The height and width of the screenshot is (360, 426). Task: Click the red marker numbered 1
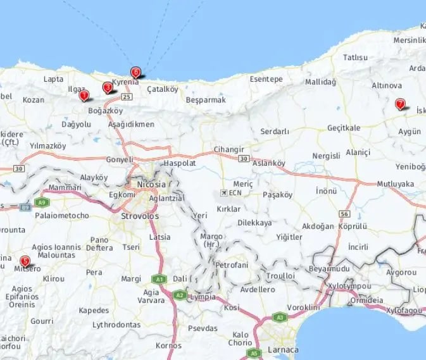point(84,96)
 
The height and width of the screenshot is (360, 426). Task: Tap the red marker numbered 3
point(108,87)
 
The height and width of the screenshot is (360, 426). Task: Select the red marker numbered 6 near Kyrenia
point(135,72)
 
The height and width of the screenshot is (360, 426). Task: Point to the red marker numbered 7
point(399,104)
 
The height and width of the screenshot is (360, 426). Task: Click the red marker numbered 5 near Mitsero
point(25,260)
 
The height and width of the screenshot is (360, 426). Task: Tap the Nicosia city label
point(151,184)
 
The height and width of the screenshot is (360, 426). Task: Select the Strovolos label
point(139,216)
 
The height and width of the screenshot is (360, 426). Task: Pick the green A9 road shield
point(42,202)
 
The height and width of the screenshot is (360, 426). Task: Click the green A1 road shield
point(157,278)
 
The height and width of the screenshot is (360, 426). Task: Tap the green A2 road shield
point(180,294)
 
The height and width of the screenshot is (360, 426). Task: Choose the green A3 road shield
point(279,316)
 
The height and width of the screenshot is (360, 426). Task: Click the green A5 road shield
point(254,352)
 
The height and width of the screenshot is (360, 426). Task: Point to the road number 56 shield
point(344,214)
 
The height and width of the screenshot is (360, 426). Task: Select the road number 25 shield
point(127,97)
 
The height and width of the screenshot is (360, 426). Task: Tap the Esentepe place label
point(266,79)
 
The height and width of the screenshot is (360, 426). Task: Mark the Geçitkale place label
point(344,128)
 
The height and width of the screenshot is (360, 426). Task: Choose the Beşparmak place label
point(206,100)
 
